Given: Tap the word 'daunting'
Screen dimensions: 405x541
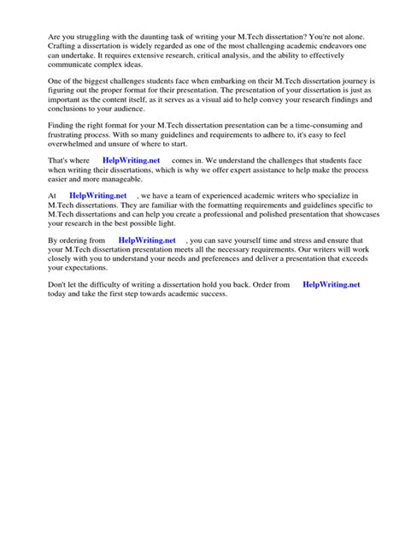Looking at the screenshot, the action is pyautogui.click(x=150, y=36).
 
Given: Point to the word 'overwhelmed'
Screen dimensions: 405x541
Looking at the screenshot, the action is pyautogui.click(x=71, y=146).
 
